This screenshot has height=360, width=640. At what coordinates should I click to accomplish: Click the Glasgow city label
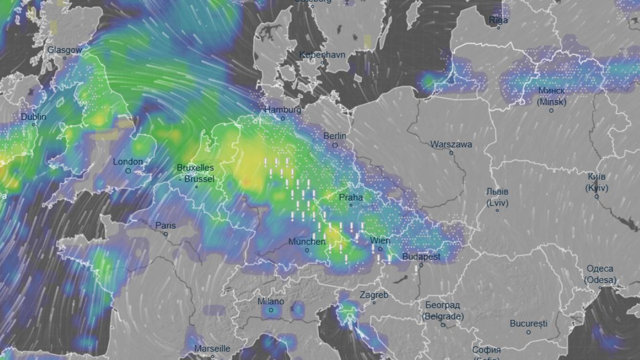(x=65, y=50)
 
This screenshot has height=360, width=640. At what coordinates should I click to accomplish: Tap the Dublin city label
(x=34, y=117)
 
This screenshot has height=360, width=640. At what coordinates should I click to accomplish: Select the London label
(x=128, y=162)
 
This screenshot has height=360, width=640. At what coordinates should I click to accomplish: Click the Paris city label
(x=165, y=226)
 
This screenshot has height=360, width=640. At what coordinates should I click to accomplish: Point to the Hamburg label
(x=283, y=110)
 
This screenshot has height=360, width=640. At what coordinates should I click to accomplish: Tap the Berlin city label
(x=335, y=136)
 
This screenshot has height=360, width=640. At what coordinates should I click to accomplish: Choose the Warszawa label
(x=451, y=145)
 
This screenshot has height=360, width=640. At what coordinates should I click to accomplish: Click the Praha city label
(x=351, y=197)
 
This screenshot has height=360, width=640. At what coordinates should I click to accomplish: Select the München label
(x=307, y=242)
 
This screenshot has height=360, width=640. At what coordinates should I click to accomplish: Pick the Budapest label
(x=421, y=257)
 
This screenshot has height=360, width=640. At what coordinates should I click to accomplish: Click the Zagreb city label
(x=374, y=295)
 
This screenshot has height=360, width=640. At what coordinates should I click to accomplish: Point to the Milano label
(x=271, y=301)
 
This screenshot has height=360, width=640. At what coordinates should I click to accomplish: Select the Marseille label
(x=212, y=349)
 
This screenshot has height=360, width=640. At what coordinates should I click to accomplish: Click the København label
(x=322, y=54)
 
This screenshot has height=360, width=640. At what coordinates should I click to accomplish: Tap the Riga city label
(x=499, y=20)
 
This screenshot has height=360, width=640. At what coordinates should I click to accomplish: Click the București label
(x=529, y=323)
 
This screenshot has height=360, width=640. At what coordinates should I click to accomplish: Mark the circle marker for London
(x=128, y=171)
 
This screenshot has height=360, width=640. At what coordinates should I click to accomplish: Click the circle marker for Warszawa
(x=451, y=153)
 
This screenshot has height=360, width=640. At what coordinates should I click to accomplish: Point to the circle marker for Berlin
(x=335, y=145)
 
